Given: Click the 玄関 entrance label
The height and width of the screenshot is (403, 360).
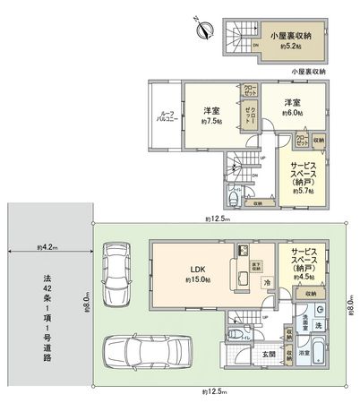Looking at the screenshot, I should click(268, 352).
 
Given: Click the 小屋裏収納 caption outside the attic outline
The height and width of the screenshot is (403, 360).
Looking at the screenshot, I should click(309, 71).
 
